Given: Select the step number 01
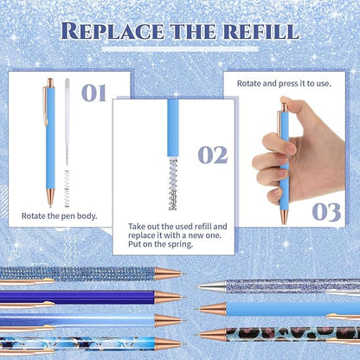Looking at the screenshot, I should coord(95,93).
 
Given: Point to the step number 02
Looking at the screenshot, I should coord(212,155).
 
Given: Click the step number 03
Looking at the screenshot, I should coord(325,211).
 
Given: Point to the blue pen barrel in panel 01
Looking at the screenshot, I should coord(49,147).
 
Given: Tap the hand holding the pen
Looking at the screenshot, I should coord(277,164).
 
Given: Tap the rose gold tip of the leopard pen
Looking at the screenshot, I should coord(207,332).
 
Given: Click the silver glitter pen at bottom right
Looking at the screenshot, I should coord(294,285).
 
